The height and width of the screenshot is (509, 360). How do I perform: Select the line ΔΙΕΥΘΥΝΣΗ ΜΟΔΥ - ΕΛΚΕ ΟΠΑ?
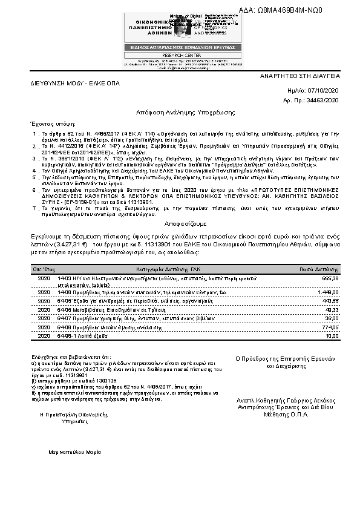[67, 81]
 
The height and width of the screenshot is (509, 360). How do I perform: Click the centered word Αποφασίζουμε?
[180, 222]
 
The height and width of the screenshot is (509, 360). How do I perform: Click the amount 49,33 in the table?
[332, 309]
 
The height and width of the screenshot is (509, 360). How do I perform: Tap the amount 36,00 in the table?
[332, 318]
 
